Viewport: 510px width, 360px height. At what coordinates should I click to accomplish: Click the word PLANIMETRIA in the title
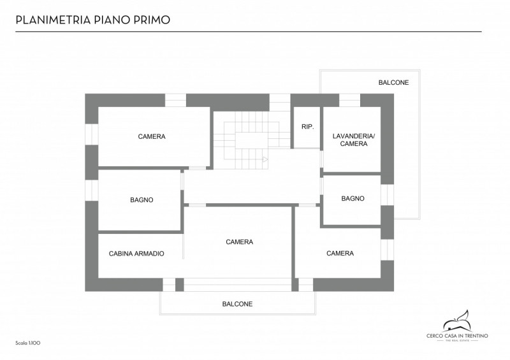(x=53, y=20)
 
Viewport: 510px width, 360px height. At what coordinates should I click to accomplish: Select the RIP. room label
(x=308, y=127)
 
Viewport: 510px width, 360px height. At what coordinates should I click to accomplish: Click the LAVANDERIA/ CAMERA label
(x=354, y=140)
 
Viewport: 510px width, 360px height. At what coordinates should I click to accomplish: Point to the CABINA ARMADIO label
(x=136, y=254)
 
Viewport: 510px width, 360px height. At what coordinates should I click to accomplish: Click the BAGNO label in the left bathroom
(x=142, y=200)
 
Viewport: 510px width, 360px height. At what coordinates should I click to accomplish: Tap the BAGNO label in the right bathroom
(x=353, y=198)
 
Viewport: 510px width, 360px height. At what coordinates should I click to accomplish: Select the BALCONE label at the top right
(x=393, y=83)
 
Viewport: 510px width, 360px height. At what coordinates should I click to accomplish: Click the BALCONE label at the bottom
(x=237, y=304)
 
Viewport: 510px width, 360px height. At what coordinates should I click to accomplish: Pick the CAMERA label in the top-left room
(x=152, y=136)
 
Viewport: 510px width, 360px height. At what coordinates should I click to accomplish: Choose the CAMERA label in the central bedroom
(x=240, y=242)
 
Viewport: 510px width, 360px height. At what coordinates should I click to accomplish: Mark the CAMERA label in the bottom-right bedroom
(x=340, y=254)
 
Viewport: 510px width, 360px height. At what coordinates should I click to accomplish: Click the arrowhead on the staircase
(x=265, y=159)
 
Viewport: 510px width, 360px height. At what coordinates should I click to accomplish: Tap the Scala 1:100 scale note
(x=28, y=343)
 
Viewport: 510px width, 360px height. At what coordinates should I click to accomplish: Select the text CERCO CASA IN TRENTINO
(x=457, y=336)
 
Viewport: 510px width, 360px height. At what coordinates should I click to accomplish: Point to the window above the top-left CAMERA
(x=176, y=100)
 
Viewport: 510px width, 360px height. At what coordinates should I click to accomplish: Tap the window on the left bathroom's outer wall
(x=92, y=191)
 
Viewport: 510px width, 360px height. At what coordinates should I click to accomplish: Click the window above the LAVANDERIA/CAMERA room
(x=349, y=100)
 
